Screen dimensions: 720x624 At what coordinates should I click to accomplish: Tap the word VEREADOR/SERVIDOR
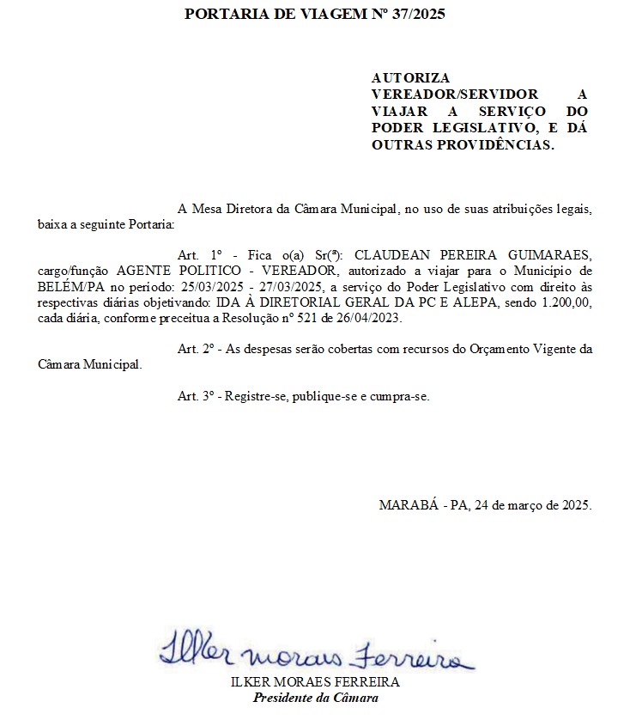click(x=455, y=94)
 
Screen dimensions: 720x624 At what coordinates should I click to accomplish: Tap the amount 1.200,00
click(x=562, y=302)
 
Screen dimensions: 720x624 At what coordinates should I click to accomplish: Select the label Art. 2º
click(x=195, y=349)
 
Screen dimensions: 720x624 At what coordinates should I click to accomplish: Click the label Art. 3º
click(x=195, y=396)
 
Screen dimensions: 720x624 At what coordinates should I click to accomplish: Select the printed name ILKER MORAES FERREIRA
click(x=315, y=682)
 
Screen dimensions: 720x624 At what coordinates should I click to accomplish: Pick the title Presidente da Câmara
click(x=315, y=697)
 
